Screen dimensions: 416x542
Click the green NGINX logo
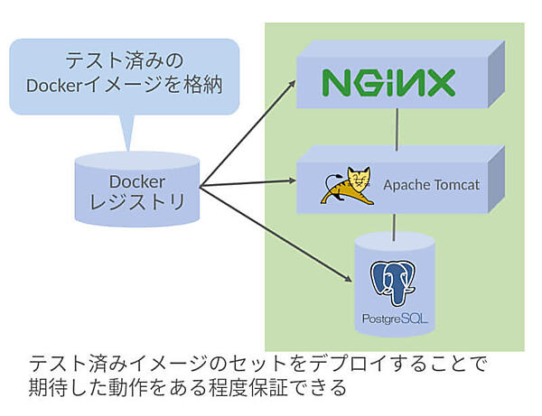(x=389, y=83)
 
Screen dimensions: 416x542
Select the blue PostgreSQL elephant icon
(x=394, y=282)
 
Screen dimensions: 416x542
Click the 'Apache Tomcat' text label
(x=431, y=186)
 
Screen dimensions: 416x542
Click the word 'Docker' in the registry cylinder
(x=137, y=180)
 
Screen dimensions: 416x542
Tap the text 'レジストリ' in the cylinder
(x=137, y=203)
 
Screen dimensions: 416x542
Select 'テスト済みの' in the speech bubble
(x=125, y=62)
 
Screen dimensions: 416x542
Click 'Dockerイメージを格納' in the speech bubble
(x=125, y=87)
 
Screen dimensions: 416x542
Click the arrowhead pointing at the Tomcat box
(x=292, y=183)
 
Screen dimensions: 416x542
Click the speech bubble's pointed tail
(x=126, y=135)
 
